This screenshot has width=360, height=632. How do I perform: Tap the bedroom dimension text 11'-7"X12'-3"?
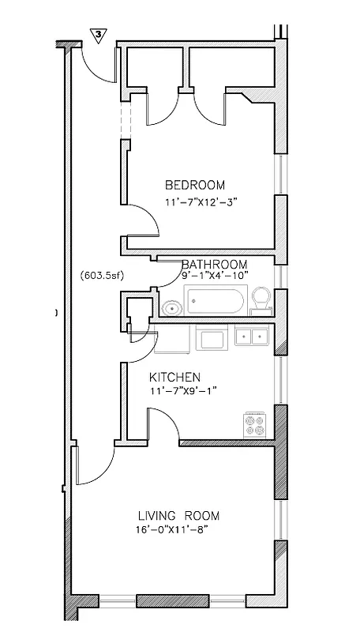201,202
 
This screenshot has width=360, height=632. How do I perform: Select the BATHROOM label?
215,264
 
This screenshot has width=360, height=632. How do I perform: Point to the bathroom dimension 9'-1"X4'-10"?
215,275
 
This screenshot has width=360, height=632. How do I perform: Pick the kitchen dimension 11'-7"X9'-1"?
183,391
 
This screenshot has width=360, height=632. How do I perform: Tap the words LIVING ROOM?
178,516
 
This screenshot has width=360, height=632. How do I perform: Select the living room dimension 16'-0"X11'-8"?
176,530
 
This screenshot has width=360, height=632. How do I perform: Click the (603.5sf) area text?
102,275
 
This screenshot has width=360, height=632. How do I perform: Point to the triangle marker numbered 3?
99,34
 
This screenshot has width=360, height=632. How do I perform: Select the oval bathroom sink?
171,308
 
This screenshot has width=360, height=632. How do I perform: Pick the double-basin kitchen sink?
253,338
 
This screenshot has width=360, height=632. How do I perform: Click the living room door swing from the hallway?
96,468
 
